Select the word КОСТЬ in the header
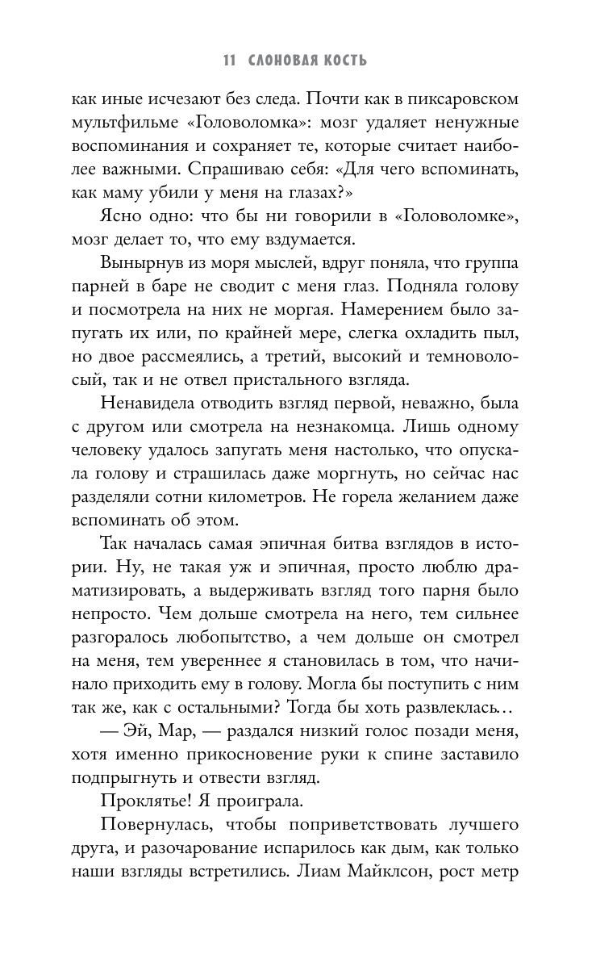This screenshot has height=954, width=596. coord(348,61)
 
